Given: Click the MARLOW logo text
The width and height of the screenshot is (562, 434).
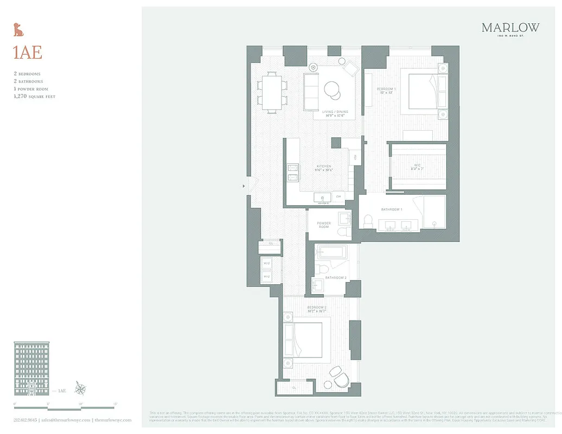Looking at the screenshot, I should [510, 27].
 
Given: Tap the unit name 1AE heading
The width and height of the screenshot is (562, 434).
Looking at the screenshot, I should [27, 53].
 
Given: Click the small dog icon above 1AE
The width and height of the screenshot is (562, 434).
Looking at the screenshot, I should [18, 29].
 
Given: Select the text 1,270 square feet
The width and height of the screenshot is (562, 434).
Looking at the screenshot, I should [34, 96].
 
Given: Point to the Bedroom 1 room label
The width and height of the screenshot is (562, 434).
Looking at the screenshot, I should [387, 88].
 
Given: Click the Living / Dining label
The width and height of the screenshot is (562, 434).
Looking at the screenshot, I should [335, 112].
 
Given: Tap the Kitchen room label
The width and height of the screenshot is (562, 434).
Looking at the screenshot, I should [324, 167].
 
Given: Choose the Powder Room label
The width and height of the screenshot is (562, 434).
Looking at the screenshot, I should [324, 225].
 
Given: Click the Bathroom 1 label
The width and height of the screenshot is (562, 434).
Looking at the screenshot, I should [391, 209].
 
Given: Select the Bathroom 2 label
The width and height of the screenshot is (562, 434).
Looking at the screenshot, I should [336, 278].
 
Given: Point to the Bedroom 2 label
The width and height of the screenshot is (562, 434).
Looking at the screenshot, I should [317, 308].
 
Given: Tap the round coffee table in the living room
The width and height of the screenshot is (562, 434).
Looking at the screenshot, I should [332, 88].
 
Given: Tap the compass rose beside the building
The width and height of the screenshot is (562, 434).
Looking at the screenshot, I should [81, 388].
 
